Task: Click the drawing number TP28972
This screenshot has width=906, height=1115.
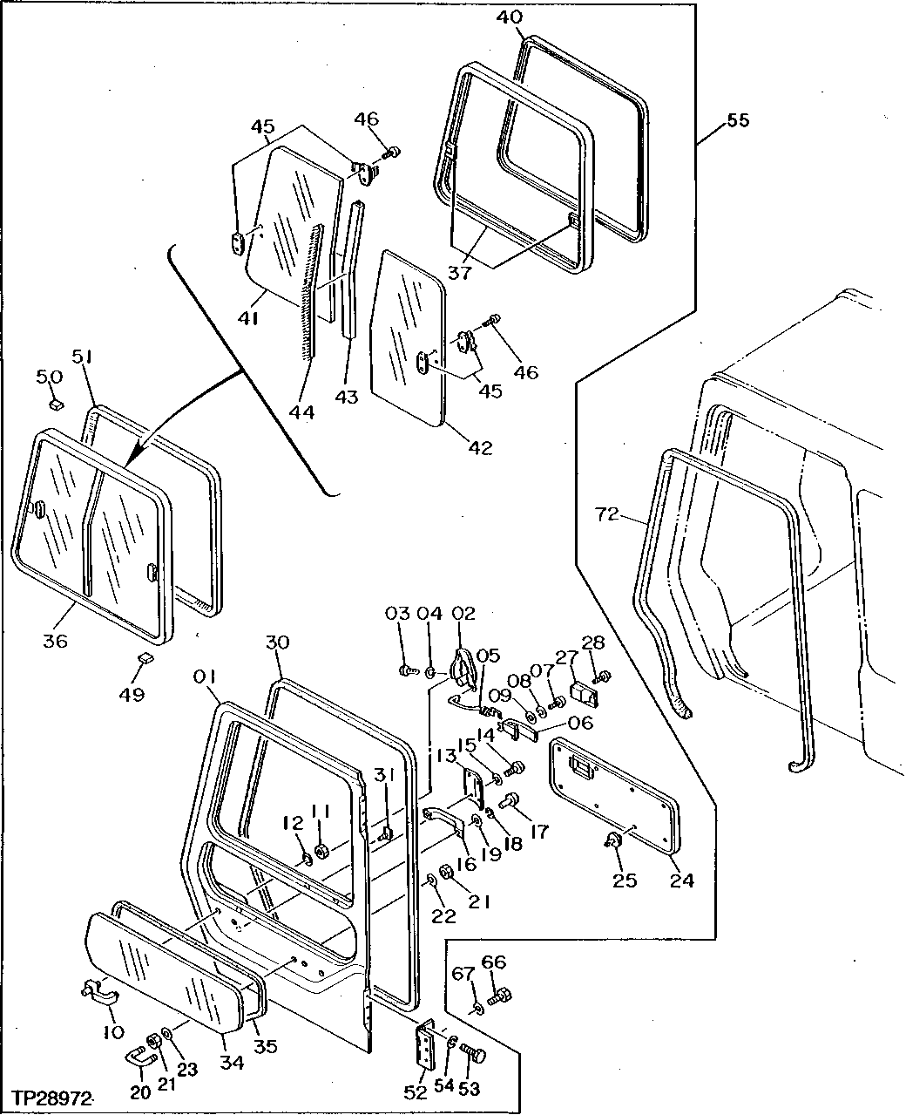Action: point(52,1097)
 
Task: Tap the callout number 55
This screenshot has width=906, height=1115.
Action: point(737,120)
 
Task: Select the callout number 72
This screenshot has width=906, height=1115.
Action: point(608,515)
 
